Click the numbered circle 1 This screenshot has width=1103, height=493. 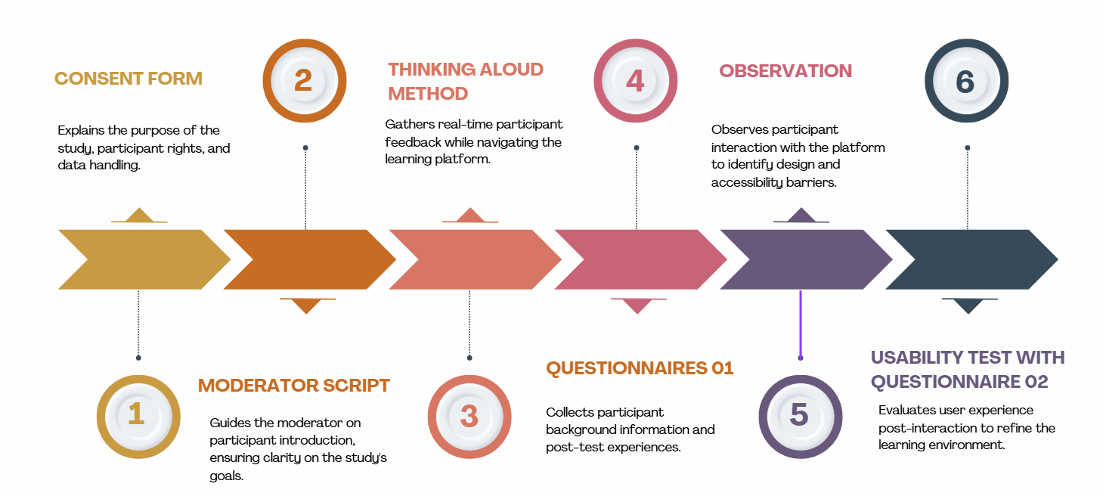pos(138,416)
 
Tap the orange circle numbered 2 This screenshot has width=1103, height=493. pos(304,80)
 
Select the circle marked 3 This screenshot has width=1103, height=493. pos(469,416)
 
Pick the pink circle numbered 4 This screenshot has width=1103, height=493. pos(635,80)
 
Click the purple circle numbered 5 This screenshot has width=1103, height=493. pos(800,416)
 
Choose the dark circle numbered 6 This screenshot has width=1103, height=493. pos(966,80)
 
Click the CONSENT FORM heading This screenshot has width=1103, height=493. pos(129,79)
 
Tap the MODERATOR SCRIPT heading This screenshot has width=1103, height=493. pos(294,386)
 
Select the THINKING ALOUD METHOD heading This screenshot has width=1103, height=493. pos(466,82)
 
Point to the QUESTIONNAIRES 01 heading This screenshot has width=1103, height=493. pos(640,368)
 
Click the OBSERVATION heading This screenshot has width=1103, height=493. pos(785,71)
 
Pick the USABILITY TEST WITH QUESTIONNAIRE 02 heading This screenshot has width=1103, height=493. pos(967,370)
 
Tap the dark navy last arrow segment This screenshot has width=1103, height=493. pos(968,259)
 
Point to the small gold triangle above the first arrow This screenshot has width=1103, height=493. pos(139,215)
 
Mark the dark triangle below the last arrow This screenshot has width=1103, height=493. pos(968,305)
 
